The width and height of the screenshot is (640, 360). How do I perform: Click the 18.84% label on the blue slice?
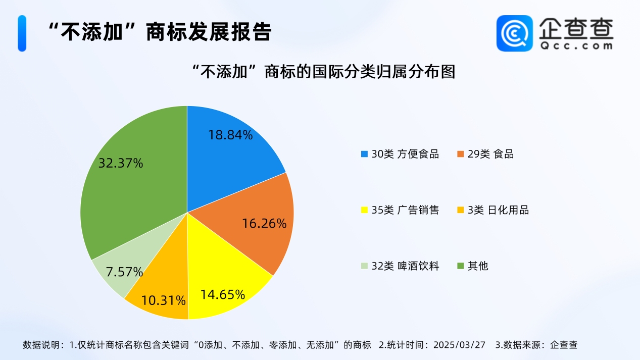click(x=230, y=135)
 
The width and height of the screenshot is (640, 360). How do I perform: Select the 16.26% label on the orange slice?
click(x=264, y=223)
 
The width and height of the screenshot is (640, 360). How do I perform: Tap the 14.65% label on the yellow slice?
click(x=223, y=295)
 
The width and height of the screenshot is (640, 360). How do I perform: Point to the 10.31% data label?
click(x=164, y=300)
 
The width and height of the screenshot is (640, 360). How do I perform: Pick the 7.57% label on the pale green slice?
click(x=124, y=272)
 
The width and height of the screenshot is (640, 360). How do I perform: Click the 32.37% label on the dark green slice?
click(x=121, y=163)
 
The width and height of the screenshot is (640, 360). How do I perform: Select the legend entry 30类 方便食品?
click(x=400, y=154)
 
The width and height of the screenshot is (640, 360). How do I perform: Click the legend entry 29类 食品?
click(x=485, y=154)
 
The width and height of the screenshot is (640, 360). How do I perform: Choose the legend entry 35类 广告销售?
click(x=400, y=210)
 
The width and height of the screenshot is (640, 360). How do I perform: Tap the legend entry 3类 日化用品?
click(x=493, y=210)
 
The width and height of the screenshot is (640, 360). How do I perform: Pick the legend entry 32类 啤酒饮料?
click(x=400, y=266)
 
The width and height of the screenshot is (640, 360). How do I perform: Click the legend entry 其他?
click(x=473, y=266)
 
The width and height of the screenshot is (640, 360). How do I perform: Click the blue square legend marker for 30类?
click(x=364, y=154)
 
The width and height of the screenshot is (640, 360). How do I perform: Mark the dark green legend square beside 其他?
click(x=460, y=266)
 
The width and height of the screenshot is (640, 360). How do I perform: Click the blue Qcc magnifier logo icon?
click(x=515, y=33)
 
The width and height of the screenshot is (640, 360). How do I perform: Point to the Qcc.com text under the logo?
click(x=576, y=45)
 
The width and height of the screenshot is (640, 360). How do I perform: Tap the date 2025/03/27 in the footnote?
click(x=459, y=345)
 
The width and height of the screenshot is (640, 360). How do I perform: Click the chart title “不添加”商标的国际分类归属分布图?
click(x=324, y=71)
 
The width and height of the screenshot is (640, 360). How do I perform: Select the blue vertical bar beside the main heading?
click(x=22, y=33)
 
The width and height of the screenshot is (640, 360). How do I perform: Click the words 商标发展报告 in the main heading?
click(x=209, y=32)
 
